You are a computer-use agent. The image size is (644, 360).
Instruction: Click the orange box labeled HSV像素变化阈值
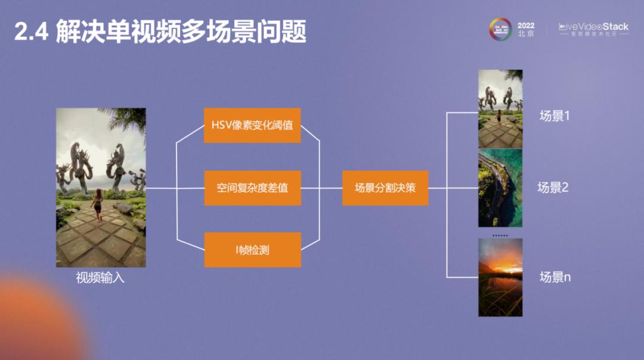coord(252,125)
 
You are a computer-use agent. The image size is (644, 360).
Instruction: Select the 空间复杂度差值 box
coord(252,188)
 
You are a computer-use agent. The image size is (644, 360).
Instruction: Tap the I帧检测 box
coord(252,250)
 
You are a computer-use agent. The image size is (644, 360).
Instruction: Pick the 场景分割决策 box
coord(385,188)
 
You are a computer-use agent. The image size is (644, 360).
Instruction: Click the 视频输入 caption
coord(100,277)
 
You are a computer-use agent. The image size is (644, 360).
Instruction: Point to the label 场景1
coord(555,116)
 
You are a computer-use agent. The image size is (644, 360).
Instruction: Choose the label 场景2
coord(553,188)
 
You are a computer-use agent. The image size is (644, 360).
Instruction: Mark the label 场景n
coord(555,277)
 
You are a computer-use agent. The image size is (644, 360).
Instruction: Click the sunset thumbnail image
coord(500,277)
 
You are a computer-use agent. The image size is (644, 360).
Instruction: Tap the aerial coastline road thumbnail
coord(500,188)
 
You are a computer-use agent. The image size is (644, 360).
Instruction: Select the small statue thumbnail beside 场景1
coord(500,108)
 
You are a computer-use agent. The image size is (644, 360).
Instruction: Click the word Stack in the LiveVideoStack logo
coord(615,27)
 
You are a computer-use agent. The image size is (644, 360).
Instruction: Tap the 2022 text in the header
coord(526,26)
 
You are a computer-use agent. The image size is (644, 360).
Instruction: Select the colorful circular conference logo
coord(501,29)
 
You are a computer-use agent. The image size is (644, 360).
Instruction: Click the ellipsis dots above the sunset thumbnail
coord(500,235)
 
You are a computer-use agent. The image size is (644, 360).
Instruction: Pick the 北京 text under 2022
coord(526,35)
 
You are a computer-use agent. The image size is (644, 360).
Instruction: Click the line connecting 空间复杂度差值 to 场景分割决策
coord(322,188)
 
